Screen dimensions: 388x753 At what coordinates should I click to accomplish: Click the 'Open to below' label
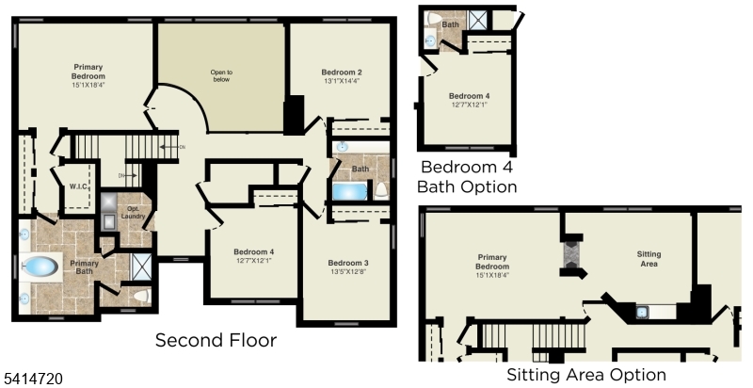pyautogui.click(x=221, y=75)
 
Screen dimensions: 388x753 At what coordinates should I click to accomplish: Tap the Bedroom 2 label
pyautogui.click(x=341, y=73)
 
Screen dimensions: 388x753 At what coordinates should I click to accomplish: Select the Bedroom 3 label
pyautogui.click(x=347, y=262)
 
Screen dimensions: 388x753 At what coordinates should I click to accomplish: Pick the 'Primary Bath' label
pyautogui.click(x=84, y=267)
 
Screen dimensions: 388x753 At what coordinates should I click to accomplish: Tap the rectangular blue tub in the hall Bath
pyautogui.click(x=350, y=192)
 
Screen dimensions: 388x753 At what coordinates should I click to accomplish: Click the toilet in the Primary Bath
pyautogui.click(x=138, y=297)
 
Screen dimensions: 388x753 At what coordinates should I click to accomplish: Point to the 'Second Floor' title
pyautogui.click(x=216, y=340)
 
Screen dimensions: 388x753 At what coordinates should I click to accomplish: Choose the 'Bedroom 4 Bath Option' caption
pyautogui.click(x=468, y=177)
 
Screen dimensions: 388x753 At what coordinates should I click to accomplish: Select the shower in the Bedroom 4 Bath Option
pyautogui.click(x=479, y=19)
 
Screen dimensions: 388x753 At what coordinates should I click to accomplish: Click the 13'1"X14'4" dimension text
pyautogui.click(x=341, y=82)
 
